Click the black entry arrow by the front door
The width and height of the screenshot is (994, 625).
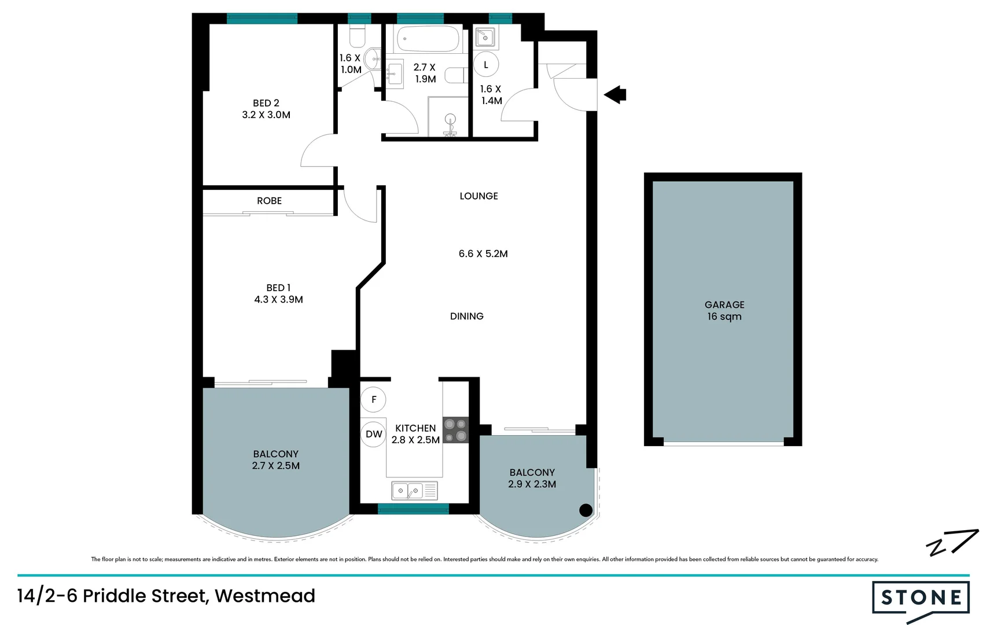click(x=616, y=94)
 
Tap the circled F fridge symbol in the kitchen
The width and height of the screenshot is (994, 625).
click(x=373, y=399)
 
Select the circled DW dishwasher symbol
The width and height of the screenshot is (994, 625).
click(x=374, y=434)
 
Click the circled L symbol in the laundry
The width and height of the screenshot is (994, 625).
click(x=486, y=65)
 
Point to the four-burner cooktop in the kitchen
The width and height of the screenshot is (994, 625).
click(x=455, y=431)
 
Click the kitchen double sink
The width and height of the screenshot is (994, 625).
click(x=414, y=491)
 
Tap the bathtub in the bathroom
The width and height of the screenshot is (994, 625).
click(x=428, y=39)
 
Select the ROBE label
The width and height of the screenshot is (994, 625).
click(x=269, y=201)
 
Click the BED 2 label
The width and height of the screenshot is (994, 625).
click(x=266, y=103)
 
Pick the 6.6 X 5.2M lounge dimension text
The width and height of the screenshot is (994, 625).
click(x=483, y=253)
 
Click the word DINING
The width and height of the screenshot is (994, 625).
click(x=467, y=316)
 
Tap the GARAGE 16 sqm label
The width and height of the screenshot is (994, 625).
click(x=724, y=310)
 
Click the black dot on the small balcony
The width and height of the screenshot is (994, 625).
click(x=586, y=510)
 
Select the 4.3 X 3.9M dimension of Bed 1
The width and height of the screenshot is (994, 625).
click(x=278, y=299)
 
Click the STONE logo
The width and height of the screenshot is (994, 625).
click(x=921, y=598)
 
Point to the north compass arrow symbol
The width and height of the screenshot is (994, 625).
click(x=952, y=543)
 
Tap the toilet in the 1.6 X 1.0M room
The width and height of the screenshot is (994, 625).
click(x=358, y=36)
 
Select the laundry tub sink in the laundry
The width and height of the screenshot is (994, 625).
click(x=485, y=38)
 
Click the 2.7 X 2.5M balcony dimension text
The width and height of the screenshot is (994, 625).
click(x=275, y=466)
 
